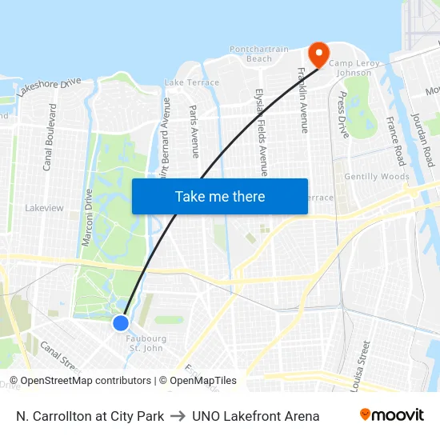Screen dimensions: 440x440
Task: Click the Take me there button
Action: pos(220,196)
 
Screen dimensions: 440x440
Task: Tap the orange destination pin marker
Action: pos(318,54)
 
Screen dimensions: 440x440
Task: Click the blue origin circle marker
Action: pos(121,322)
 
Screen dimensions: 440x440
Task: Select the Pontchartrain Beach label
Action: pos(259,54)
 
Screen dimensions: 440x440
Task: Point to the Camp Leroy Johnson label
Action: pos(350,68)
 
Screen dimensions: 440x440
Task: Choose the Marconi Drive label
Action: pos(87,216)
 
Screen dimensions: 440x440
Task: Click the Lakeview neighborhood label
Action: pos(44,208)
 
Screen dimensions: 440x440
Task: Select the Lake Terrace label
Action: pos(191,82)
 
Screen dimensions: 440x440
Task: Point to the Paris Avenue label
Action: pos(194,130)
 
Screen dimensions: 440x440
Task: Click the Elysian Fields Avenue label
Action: pos(261,131)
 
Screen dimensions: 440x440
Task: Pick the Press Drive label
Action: pos(343,114)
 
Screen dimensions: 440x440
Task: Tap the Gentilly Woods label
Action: pos(376,177)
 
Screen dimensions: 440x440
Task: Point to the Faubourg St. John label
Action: pos(145,343)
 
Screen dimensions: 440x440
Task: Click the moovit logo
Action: pos(392,415)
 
